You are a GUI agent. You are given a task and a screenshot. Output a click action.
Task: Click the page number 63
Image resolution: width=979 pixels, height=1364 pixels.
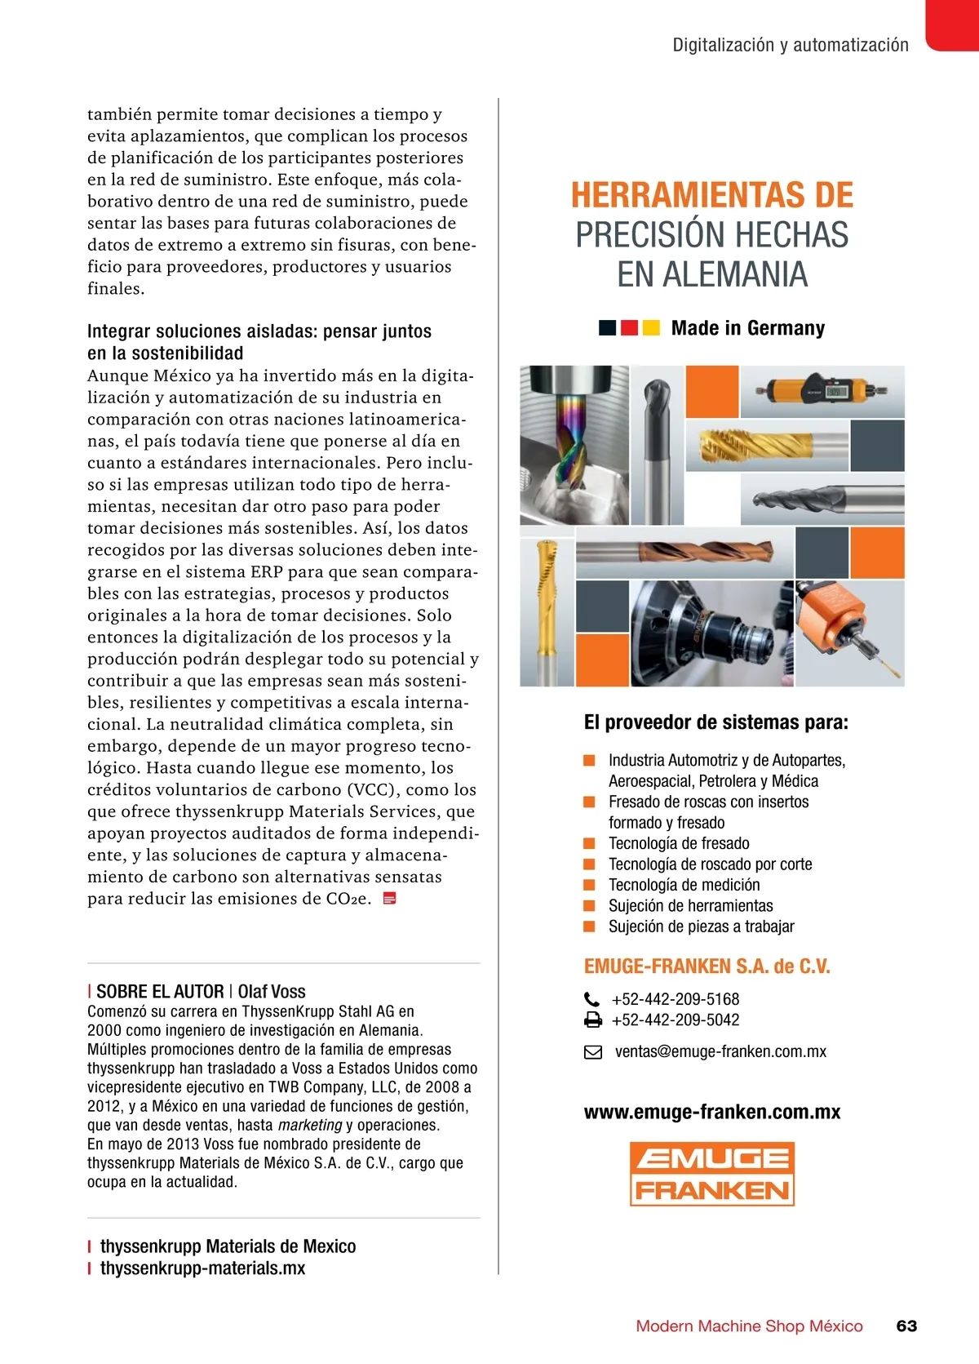click(906, 1326)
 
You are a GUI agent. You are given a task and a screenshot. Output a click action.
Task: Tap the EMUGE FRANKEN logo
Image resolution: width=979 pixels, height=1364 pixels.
click(711, 1174)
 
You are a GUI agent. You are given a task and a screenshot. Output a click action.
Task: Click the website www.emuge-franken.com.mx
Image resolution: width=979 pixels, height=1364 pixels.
click(711, 1112)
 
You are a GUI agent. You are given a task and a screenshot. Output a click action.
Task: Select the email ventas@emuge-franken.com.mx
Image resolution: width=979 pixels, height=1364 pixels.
click(720, 1051)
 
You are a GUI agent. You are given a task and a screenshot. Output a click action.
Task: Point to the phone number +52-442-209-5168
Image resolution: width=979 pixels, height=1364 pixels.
click(675, 999)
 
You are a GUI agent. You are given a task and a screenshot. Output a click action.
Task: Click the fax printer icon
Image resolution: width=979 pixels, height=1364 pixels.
click(593, 1020)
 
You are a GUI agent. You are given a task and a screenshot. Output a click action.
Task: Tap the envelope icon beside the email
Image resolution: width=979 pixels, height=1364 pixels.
click(593, 1052)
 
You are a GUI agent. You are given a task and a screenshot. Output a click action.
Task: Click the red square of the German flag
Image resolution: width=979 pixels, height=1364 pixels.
click(629, 328)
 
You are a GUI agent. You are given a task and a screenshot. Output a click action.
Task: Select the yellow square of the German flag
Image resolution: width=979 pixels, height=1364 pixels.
click(651, 328)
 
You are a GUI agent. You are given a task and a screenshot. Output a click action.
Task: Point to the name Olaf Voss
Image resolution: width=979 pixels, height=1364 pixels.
click(272, 992)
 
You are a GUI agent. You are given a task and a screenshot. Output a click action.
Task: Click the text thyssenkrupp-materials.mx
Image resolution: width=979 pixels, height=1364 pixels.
click(202, 1268)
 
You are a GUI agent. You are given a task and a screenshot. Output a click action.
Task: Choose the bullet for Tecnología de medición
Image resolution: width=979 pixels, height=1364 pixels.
click(589, 885)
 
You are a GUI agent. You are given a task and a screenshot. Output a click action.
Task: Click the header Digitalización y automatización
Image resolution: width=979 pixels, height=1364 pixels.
click(790, 45)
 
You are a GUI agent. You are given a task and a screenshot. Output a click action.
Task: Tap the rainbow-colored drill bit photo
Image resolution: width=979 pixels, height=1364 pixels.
click(573, 445)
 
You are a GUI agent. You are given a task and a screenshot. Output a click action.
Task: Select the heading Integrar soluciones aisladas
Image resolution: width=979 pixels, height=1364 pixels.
click(259, 331)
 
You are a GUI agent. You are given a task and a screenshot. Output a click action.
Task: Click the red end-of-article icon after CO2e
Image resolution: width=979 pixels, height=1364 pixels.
click(390, 899)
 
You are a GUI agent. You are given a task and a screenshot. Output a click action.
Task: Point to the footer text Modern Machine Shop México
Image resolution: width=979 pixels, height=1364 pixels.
click(749, 1326)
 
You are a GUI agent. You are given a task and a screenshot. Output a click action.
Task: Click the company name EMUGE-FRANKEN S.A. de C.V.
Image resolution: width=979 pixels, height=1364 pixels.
click(707, 966)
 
